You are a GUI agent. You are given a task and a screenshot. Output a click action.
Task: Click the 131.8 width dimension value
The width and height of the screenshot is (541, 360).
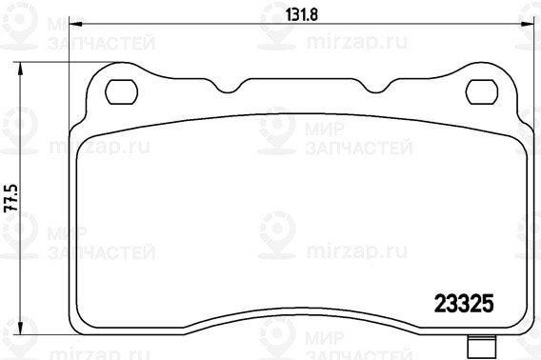(x=302, y=14)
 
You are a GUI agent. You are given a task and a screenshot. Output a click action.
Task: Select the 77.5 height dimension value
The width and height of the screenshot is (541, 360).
(x=10, y=198)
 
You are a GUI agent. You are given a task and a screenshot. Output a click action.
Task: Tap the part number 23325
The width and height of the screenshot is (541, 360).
(x=464, y=304)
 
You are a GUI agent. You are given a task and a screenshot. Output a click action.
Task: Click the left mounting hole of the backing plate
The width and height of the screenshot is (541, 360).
(x=122, y=91)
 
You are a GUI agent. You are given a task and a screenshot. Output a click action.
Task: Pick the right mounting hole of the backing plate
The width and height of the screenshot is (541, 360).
(x=482, y=91)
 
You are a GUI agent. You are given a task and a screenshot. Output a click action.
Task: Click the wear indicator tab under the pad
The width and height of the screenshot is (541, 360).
(x=482, y=348)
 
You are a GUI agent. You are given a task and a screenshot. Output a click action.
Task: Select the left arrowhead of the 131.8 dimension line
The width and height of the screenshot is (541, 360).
(x=76, y=24)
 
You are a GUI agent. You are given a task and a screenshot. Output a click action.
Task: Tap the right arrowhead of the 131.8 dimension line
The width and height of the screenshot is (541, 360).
(x=528, y=24)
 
